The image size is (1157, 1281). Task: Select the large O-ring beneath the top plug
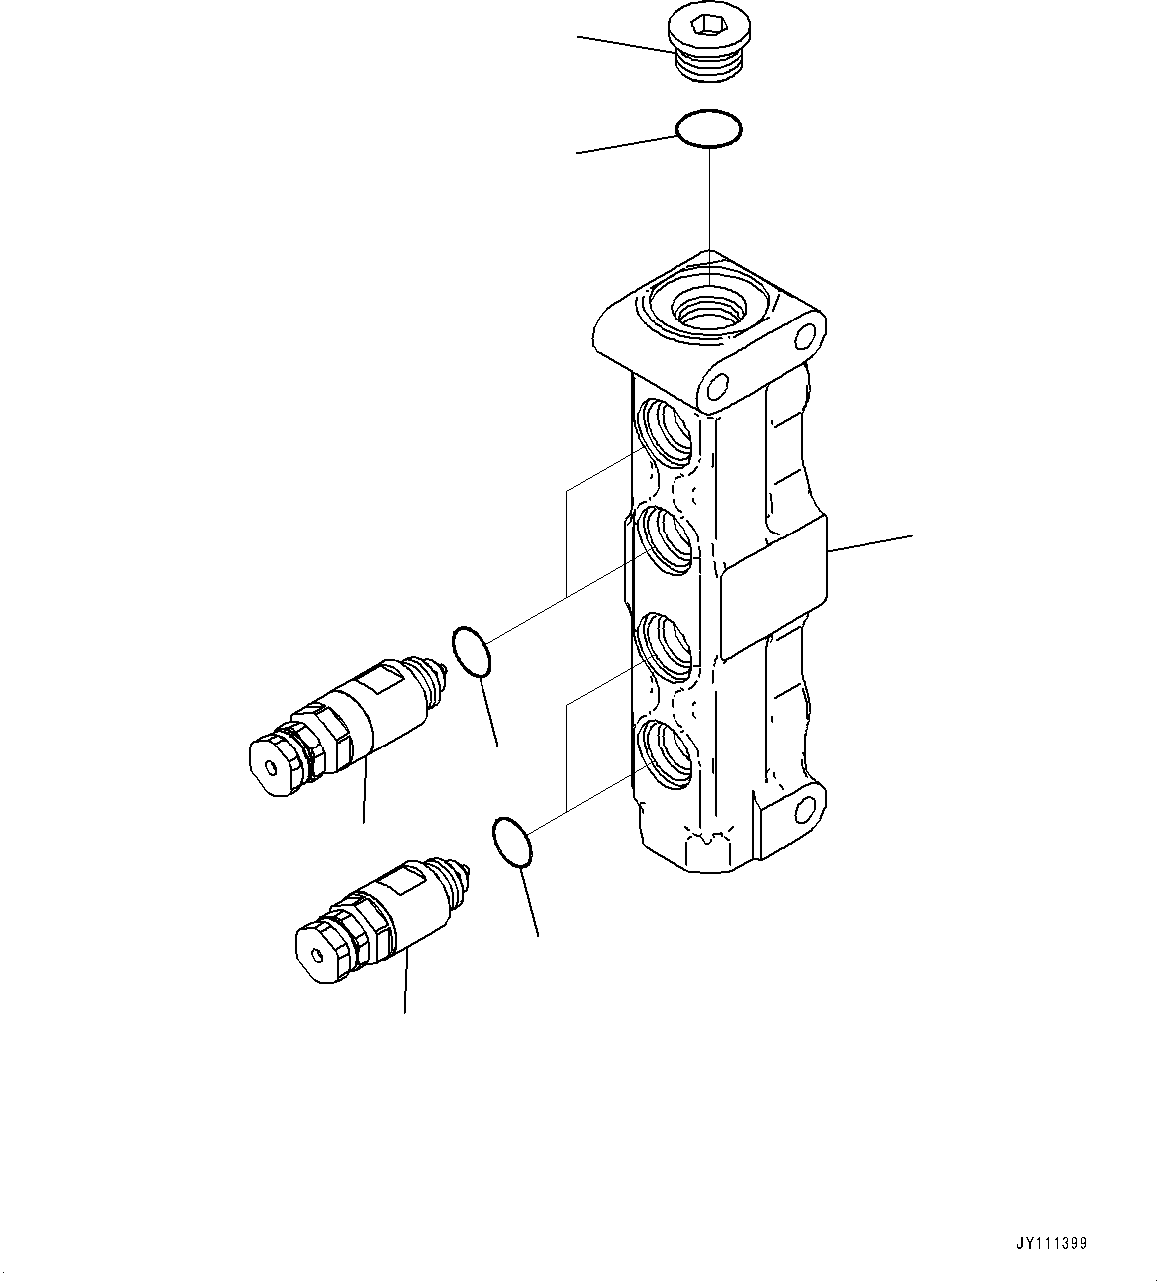(x=708, y=130)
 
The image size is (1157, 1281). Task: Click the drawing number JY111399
(x=1052, y=1244)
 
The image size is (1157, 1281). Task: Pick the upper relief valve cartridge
(x=348, y=718)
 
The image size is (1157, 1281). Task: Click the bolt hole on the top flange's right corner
(x=802, y=339)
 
